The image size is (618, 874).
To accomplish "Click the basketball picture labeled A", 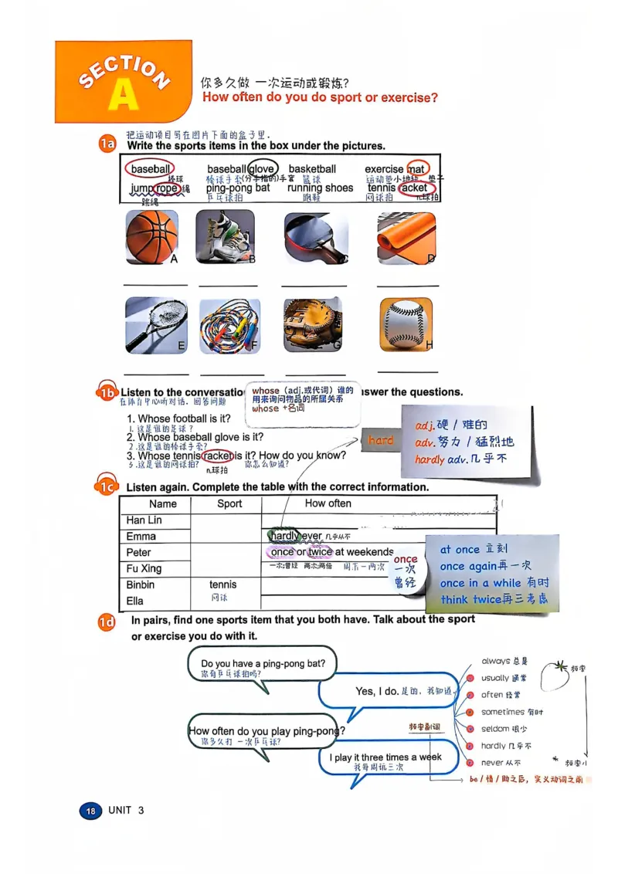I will (151, 238).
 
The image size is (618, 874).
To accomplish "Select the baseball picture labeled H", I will (406, 324).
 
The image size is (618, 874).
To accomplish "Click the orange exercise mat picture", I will (406, 238).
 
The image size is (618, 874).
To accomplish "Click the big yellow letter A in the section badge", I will (123, 93).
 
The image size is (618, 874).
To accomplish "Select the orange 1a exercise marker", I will (107, 144).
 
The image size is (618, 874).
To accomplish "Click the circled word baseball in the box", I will (150, 169).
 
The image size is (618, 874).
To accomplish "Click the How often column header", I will (328, 503).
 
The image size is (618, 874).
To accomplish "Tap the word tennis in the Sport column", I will (223, 584).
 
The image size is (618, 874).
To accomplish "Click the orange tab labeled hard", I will (380, 440).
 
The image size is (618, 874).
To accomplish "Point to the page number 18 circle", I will (90, 811).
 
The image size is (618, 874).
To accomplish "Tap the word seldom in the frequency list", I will (494, 729).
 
